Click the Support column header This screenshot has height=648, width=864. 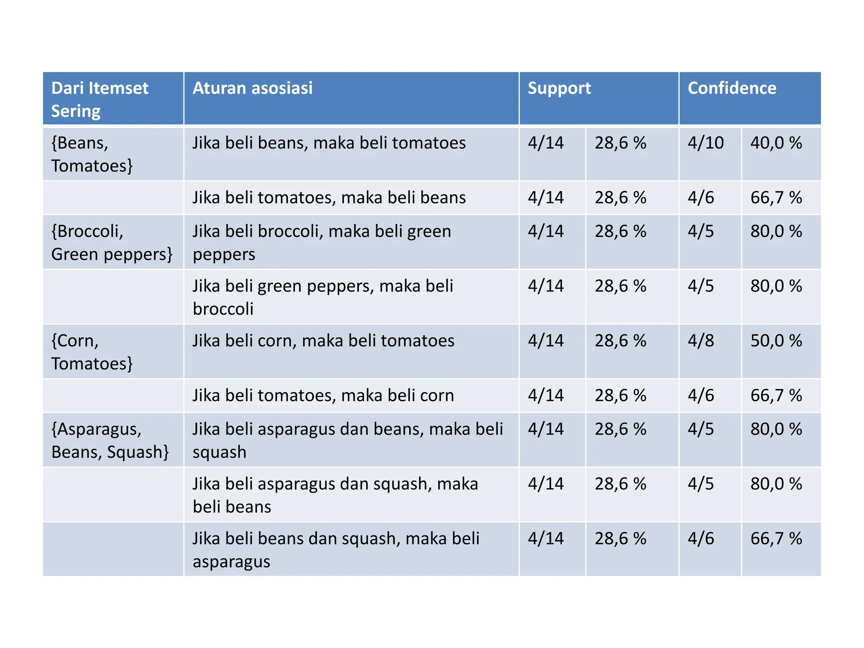pos(559,89)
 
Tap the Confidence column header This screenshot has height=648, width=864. pos(732,89)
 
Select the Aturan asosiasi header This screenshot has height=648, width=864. pos(252,89)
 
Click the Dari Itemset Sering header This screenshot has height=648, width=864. pos(100,100)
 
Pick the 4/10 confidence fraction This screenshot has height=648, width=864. pos(705,143)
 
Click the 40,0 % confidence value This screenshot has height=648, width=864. pos(776,143)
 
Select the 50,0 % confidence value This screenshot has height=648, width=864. pos(776,341)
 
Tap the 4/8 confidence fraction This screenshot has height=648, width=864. pos(701,341)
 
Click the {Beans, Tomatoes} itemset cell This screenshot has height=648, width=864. pos(92,154)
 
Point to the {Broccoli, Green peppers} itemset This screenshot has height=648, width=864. pos(111,243)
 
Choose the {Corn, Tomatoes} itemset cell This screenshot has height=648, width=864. pos(92,352)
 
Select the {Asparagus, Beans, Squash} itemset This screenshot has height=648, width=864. pos(110,440)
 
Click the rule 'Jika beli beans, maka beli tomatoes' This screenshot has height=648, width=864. pos(329,143)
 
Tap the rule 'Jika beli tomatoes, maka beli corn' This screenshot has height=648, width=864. pos(323,396)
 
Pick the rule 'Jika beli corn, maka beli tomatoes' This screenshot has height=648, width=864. pos(323,341)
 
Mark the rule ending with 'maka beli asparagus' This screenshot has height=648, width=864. pos(336,550)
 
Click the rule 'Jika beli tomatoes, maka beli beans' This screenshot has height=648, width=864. pos(329,198)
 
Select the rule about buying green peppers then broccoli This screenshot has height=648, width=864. pos(323,297)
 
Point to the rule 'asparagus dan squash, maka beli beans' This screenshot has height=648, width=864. pos(335,495)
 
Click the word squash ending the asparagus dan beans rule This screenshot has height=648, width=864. pos(219,452)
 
